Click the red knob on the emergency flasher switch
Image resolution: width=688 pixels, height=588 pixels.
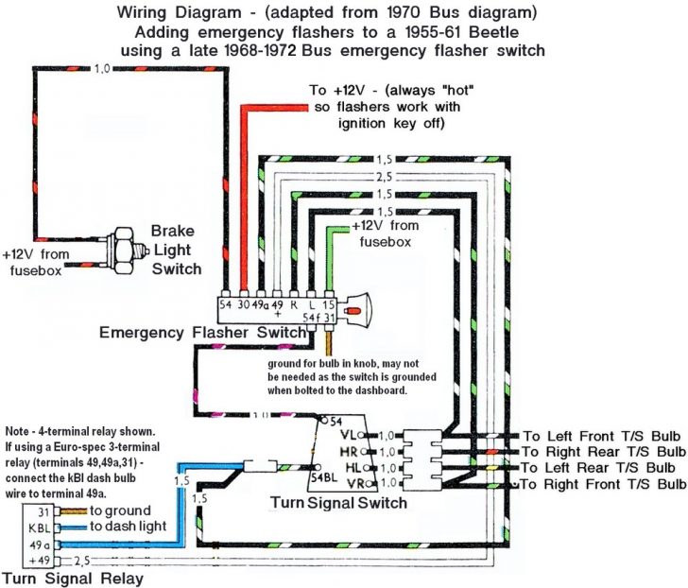(x=354, y=309)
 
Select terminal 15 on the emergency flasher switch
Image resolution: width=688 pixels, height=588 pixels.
(x=327, y=303)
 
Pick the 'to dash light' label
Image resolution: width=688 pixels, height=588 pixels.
(x=129, y=527)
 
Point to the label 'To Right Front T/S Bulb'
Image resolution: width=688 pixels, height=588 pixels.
(x=605, y=484)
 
